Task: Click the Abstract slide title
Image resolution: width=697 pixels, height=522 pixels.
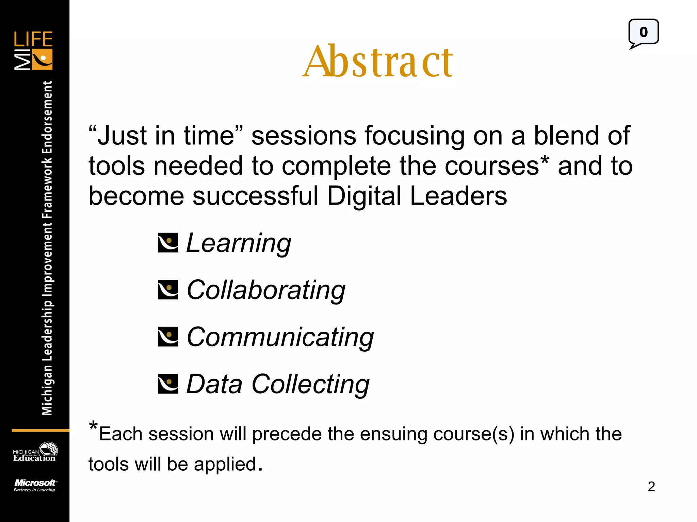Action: tap(378, 61)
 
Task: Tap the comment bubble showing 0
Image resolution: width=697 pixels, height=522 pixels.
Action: tap(643, 33)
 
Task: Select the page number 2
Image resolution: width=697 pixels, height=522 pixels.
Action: tap(651, 487)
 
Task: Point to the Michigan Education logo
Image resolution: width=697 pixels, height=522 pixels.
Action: tap(35, 452)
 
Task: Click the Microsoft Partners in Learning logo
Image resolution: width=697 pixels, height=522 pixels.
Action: tap(35, 485)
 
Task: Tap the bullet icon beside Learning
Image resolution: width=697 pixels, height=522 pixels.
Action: tap(168, 243)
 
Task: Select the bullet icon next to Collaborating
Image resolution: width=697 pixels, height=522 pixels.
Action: tap(168, 290)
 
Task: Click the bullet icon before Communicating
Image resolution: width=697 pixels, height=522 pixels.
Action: tap(168, 336)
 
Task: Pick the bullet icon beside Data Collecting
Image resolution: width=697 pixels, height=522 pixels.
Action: tap(168, 384)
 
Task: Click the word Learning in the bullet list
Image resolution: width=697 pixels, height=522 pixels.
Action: tap(239, 243)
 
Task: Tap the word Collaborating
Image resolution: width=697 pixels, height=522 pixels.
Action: tap(266, 290)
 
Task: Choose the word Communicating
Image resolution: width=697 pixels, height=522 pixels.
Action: tap(280, 337)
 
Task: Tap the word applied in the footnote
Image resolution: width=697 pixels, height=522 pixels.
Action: tap(225, 464)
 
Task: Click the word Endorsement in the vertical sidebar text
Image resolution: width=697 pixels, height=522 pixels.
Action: tap(47, 118)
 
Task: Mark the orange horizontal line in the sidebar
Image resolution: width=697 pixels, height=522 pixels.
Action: tap(40, 431)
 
